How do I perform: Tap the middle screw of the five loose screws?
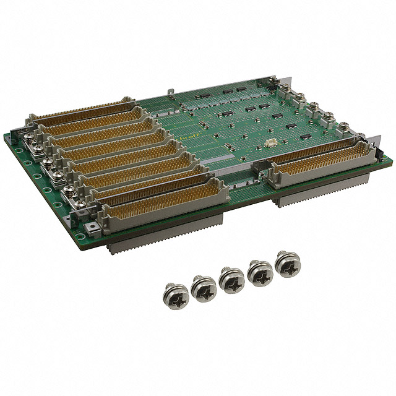pyautogui.click(x=231, y=279)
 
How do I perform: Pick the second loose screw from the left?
pyautogui.click(x=204, y=286)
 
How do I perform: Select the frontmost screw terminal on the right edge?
pyautogui.click(x=343, y=129)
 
